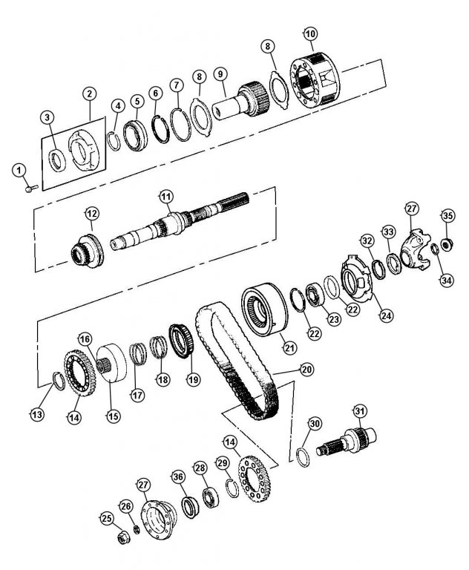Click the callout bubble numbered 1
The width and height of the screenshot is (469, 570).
coord(19,171)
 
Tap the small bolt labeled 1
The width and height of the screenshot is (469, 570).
coord(32,189)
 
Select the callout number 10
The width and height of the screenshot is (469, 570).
coord(310,34)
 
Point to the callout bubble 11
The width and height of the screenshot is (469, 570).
coord(165,197)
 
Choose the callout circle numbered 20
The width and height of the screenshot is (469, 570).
coord(306,370)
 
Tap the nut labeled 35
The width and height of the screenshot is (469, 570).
coord(446,243)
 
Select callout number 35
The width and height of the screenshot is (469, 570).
coord(448,215)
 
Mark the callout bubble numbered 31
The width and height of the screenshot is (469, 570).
coord(360,411)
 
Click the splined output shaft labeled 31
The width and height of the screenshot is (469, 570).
coord(346,441)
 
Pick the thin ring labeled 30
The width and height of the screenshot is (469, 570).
coord(303,457)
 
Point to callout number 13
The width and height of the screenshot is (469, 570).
coord(37,414)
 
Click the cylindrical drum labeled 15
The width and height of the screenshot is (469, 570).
coord(111,362)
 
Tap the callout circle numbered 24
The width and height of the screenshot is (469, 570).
coord(387,315)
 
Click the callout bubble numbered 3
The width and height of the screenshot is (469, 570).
coord(47,118)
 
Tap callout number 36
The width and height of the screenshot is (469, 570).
coord(178,477)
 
